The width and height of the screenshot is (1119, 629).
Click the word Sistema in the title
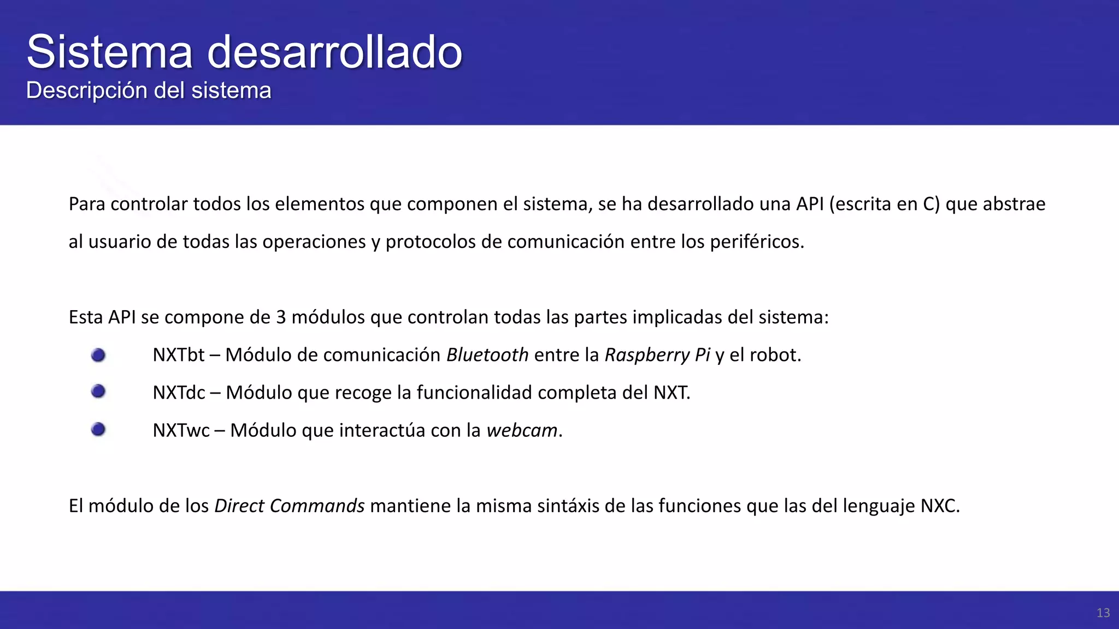point(109,52)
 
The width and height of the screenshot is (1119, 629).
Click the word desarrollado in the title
point(334,52)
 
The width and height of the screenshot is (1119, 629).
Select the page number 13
point(1103,613)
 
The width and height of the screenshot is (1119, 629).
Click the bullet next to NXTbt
point(98,355)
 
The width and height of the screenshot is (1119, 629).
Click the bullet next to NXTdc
point(98,391)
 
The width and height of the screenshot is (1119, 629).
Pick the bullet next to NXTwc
point(98,430)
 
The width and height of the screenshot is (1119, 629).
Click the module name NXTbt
point(178,355)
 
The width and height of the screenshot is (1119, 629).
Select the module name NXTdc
point(179,393)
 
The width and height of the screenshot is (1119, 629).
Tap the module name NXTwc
point(181,431)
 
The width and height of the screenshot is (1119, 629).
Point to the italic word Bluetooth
point(487,355)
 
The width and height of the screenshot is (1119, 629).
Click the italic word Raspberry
point(647,355)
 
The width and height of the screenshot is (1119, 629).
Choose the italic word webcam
point(522,431)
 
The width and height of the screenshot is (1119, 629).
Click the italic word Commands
point(317,506)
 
